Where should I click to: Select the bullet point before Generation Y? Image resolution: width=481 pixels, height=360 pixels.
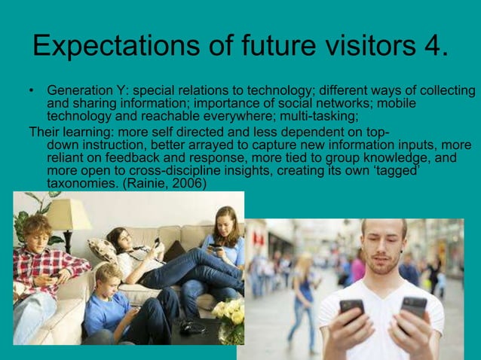tap(31, 92)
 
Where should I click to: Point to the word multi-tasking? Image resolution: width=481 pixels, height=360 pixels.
tap(319, 117)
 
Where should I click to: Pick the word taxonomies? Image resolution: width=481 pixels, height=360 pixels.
tap(77, 183)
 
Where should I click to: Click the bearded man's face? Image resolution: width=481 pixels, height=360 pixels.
tap(383, 249)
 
